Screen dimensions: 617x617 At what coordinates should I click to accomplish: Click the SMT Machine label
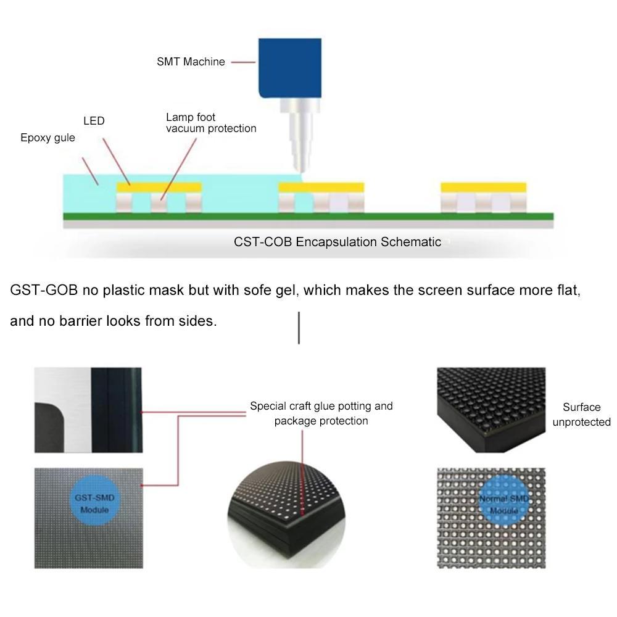(x=191, y=62)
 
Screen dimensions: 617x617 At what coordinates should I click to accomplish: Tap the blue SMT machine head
(x=290, y=68)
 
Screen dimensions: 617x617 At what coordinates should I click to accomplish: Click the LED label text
(x=94, y=121)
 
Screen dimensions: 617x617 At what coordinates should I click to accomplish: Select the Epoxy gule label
(x=48, y=138)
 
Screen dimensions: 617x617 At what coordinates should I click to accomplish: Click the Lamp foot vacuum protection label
(x=210, y=123)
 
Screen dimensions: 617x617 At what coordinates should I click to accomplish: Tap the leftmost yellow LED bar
(x=160, y=187)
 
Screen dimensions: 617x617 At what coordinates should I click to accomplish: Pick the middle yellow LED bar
(x=321, y=187)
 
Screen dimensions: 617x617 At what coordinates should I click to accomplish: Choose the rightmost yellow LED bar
(x=483, y=187)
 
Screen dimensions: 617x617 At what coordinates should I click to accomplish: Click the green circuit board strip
(x=308, y=216)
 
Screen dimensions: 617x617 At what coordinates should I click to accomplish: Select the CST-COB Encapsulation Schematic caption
(x=337, y=242)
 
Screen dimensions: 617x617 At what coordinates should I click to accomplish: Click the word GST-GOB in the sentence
(x=44, y=290)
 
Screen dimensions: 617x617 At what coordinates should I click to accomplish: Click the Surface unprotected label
(x=581, y=415)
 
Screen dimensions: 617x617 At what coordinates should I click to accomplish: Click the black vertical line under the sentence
(x=299, y=328)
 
